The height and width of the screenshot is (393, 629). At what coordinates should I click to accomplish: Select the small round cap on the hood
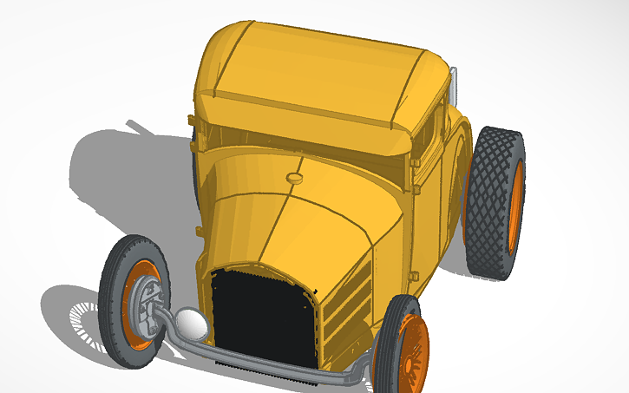click(x=295, y=178)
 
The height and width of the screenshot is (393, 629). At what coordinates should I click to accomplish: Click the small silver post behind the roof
click(x=452, y=82)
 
